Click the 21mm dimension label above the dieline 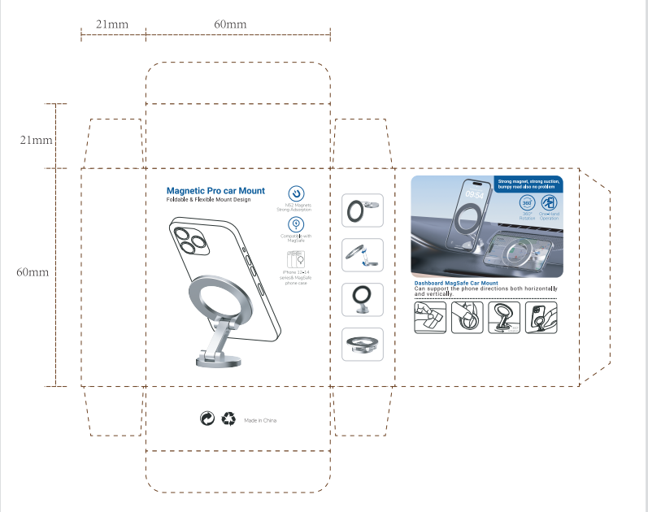pyautogui.click(x=112, y=24)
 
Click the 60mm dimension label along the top pyautogui.click(x=230, y=24)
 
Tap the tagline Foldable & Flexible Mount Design pyautogui.click(x=209, y=200)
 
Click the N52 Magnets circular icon pyautogui.click(x=298, y=193)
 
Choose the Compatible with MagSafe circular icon pyautogui.click(x=298, y=224)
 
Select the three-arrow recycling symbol pyautogui.click(x=228, y=419)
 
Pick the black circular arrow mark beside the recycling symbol pyautogui.click(x=207, y=419)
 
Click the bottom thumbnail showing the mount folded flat pyautogui.click(x=363, y=344)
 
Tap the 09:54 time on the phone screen pyautogui.click(x=474, y=194)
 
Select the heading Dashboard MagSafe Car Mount pyautogui.click(x=456, y=283)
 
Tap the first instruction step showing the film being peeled pyautogui.click(x=432, y=317)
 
